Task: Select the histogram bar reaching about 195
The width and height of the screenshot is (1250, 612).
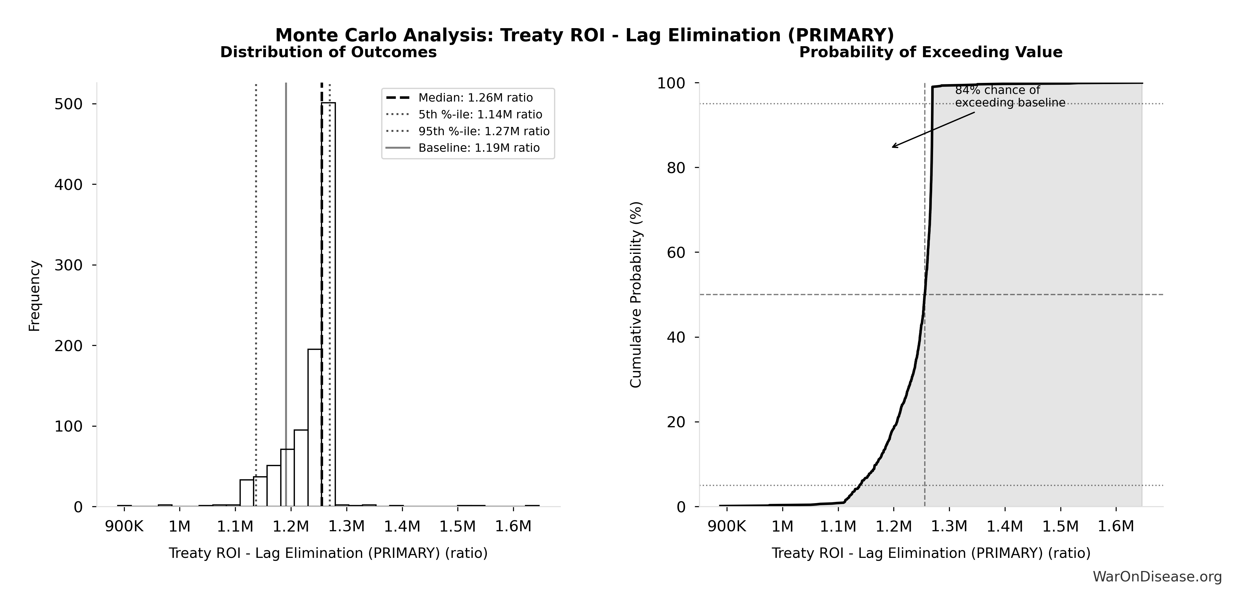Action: tap(314, 427)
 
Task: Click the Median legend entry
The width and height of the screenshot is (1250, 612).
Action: tap(475, 98)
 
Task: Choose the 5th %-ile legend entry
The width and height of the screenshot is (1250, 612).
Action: tap(480, 114)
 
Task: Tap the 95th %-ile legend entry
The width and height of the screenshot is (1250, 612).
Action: tap(484, 132)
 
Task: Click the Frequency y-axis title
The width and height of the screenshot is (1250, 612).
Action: tap(35, 296)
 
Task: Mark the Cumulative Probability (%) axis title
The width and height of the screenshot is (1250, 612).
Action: tap(636, 294)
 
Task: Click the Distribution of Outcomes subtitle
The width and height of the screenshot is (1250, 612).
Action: tap(329, 52)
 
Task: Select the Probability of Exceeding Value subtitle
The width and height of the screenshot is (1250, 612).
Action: tap(931, 52)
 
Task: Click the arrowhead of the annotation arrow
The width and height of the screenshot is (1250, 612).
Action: tap(893, 147)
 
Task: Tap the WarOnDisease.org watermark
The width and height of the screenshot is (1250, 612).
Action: tap(1157, 577)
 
